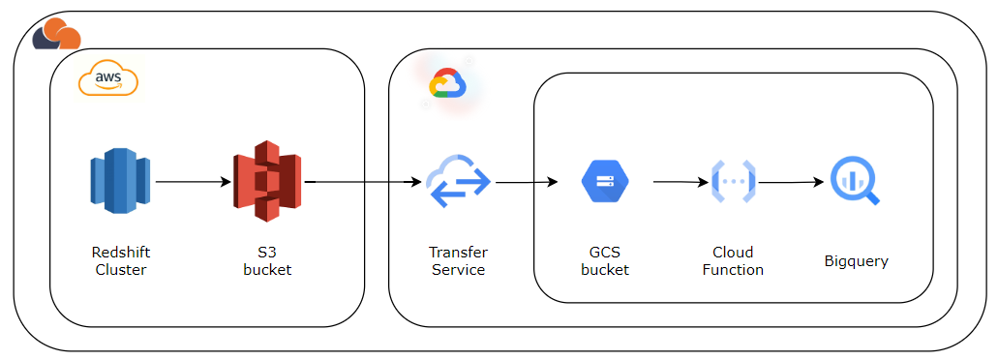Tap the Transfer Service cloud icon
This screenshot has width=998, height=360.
tap(458, 182)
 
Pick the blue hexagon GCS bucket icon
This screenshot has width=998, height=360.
tap(605, 180)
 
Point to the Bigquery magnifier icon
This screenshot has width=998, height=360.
tap(856, 181)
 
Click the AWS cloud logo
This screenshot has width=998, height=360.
tap(107, 79)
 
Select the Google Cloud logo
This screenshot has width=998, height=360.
tap(446, 84)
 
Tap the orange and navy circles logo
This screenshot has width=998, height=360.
tap(56, 35)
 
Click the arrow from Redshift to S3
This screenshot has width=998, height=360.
tap(192, 181)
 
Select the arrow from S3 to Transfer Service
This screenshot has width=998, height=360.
tap(364, 181)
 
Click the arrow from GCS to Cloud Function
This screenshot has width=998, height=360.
tap(681, 181)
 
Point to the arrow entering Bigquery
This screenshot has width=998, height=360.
tap(793, 181)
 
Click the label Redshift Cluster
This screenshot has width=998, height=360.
tap(121, 261)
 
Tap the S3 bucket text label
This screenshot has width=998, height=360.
tap(267, 261)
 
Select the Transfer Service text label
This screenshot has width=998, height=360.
tap(458, 261)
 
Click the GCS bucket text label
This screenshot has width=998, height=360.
tap(605, 261)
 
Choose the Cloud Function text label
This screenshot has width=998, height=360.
tap(732, 261)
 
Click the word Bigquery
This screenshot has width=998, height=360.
tap(856, 261)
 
